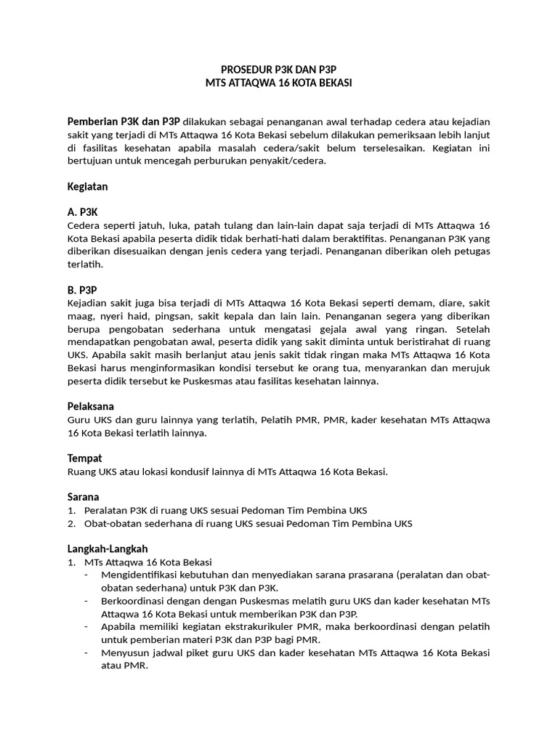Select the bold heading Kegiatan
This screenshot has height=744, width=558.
click(87, 187)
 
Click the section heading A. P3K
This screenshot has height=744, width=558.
click(82, 212)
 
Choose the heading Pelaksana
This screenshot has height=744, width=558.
click(90, 406)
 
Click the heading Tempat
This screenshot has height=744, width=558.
click(84, 458)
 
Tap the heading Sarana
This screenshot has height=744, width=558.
click(84, 497)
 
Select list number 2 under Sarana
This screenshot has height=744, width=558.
click(71, 523)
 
